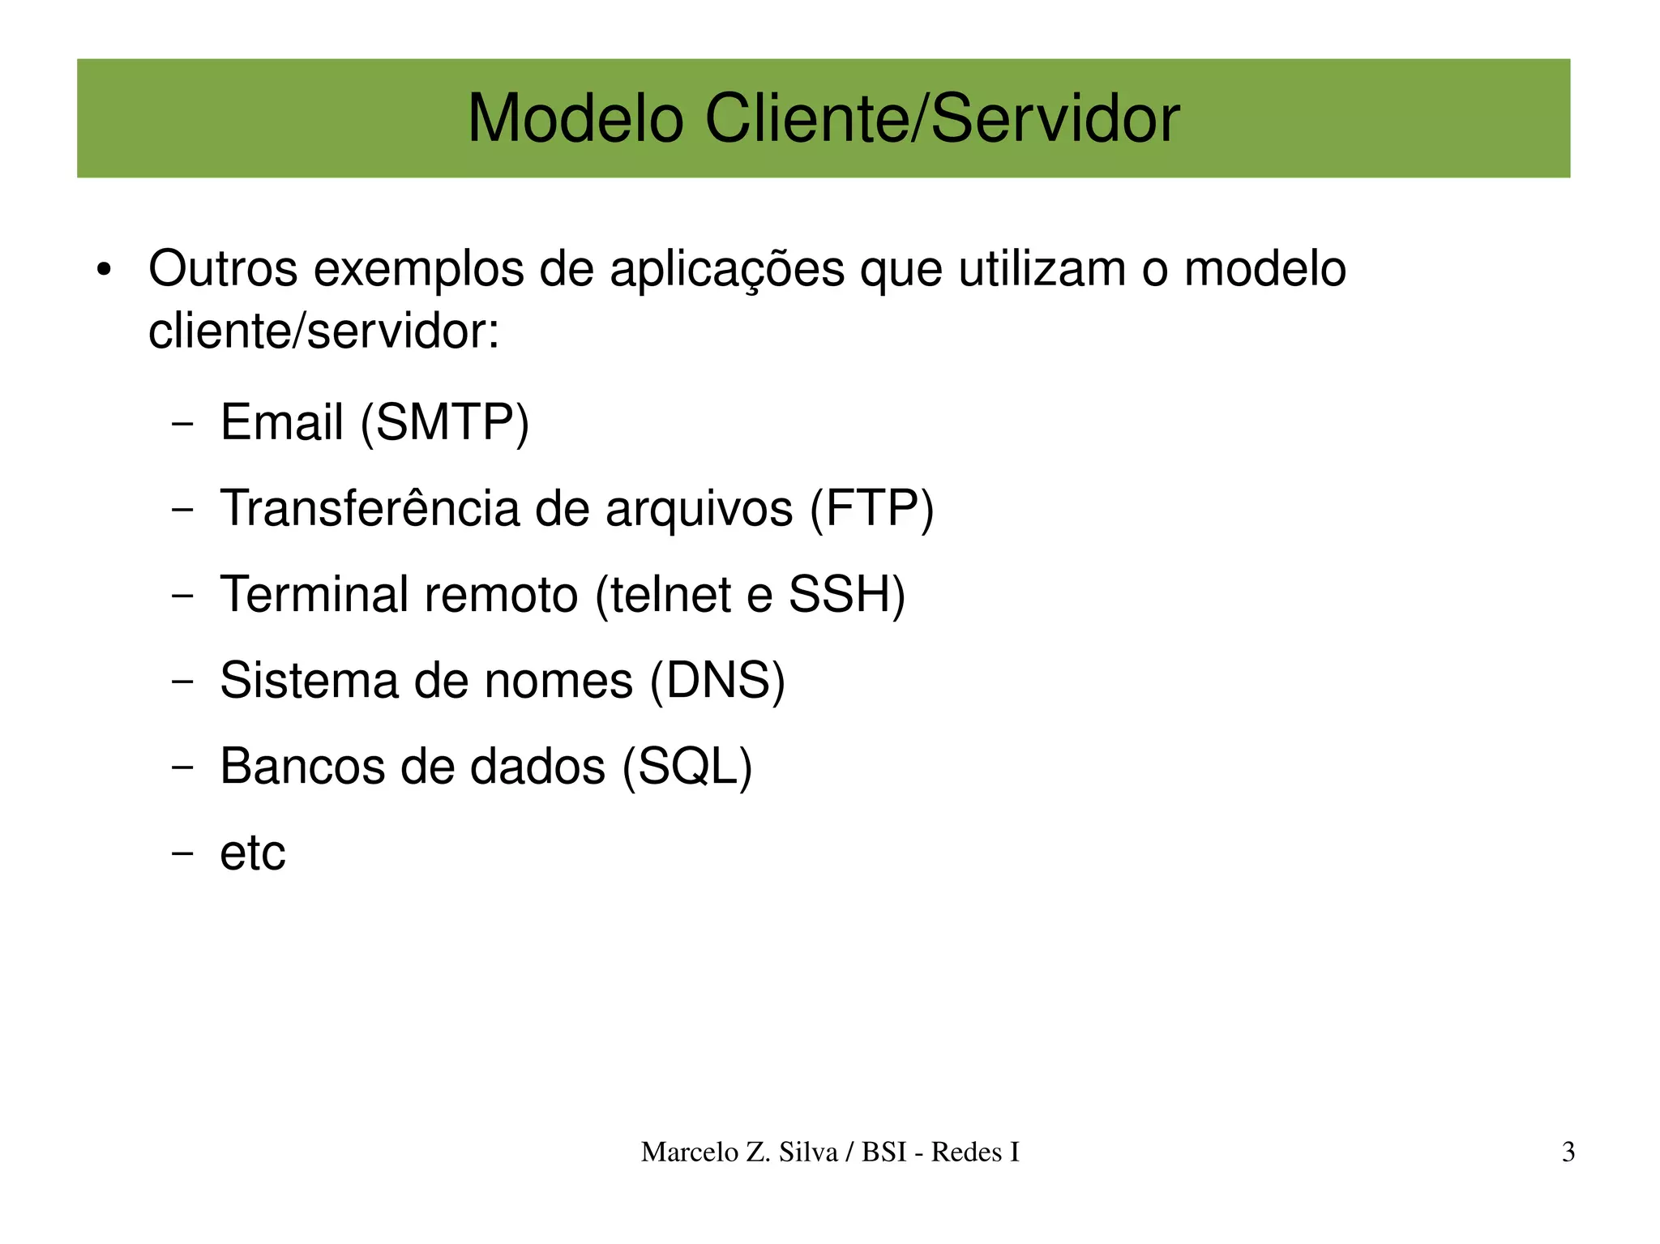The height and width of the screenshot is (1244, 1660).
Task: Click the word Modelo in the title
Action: click(575, 119)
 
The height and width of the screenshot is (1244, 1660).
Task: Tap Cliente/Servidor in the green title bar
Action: click(942, 119)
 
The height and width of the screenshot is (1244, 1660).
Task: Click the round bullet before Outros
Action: click(102, 271)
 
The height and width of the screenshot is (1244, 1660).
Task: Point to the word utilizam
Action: click(1042, 269)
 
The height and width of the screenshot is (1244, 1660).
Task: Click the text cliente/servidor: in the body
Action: click(323, 331)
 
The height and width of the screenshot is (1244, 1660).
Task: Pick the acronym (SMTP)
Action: click(444, 422)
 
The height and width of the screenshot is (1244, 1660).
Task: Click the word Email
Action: click(282, 422)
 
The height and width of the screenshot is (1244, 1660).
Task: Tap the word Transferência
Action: click(370, 508)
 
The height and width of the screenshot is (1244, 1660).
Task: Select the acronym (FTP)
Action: click(872, 508)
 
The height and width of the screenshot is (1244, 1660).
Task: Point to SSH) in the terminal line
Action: click(847, 594)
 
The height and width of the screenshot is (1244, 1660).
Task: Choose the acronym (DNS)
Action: click(717, 680)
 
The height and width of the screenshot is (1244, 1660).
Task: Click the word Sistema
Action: click(309, 680)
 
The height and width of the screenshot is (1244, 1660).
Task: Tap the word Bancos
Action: click(302, 766)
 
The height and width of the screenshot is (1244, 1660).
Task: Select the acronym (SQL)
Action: click(687, 766)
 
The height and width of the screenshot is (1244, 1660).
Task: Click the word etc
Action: click(253, 853)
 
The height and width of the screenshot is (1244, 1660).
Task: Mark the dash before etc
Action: click(183, 853)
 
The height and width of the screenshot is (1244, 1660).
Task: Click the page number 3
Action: click(1568, 1152)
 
